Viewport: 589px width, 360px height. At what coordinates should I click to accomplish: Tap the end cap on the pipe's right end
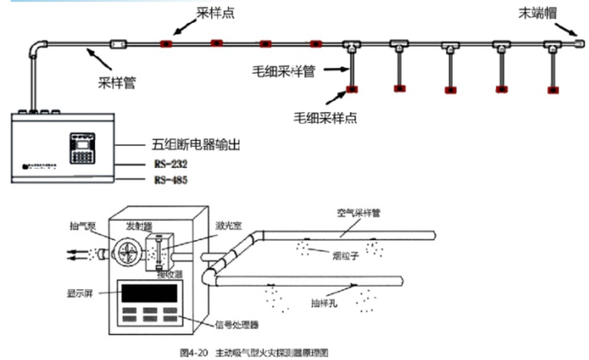pos(579,42)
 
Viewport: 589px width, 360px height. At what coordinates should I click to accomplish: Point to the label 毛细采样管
pos(283,71)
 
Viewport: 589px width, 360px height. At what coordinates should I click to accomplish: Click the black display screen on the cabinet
pos(149,293)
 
